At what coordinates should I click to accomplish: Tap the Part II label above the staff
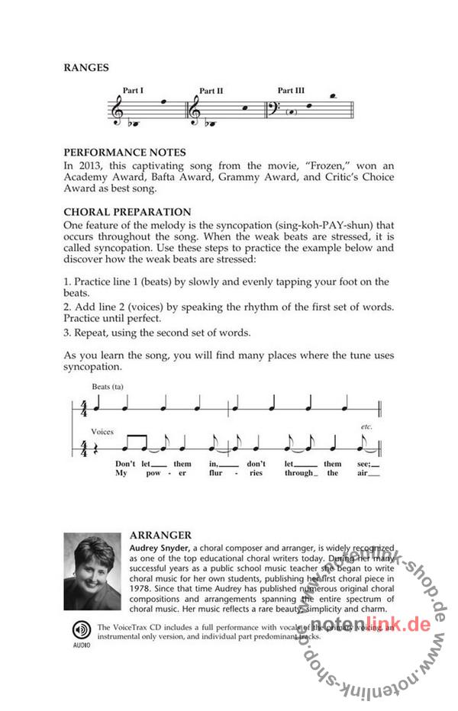(x=211, y=91)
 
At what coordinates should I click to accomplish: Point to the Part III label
(x=291, y=90)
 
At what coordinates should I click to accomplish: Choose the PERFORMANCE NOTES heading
(x=124, y=153)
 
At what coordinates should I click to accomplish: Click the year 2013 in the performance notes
(x=89, y=166)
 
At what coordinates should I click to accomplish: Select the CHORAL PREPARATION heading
(x=127, y=211)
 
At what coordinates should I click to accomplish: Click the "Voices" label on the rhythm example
(x=102, y=431)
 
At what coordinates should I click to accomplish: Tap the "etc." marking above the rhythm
(x=366, y=427)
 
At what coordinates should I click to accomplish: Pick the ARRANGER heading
(x=160, y=535)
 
